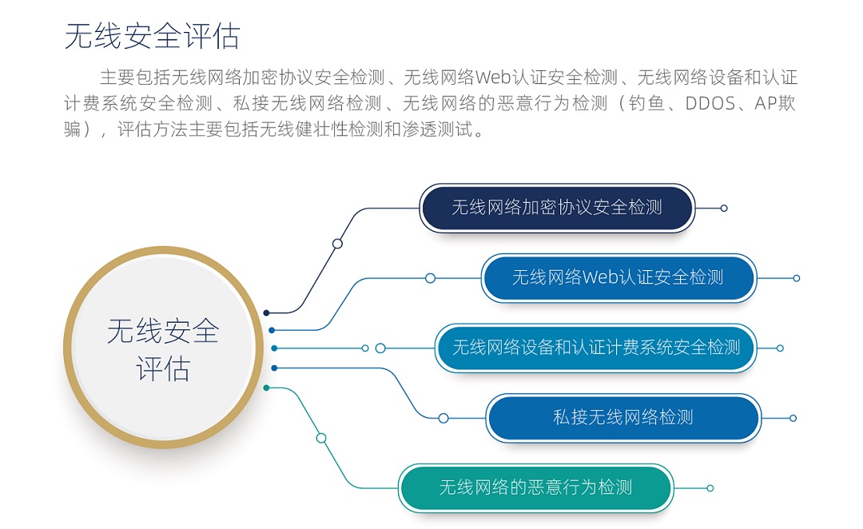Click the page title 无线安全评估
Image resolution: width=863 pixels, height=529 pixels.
pos(152,36)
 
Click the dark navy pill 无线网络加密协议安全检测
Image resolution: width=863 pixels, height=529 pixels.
pos(557,208)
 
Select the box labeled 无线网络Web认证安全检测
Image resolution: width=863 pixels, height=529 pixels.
pos(618,278)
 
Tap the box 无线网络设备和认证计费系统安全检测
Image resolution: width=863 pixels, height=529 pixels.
pos(596,348)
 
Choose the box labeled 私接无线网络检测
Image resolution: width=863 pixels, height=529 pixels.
pos(623,418)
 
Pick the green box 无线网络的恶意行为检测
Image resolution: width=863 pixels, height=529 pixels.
pos(536,487)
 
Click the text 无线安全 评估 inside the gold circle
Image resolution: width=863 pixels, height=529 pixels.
pos(163,349)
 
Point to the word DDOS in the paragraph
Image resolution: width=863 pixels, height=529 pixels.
pos(710,104)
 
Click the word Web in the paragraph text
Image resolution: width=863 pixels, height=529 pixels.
pos(492,78)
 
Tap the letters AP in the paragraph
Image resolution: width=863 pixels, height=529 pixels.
pos(766,104)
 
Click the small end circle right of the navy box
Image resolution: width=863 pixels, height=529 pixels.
pos(724,208)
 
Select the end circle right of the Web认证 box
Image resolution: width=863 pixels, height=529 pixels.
pos(796,278)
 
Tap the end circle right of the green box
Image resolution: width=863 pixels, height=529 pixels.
pos(710,487)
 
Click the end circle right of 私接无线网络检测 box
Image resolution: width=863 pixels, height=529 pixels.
pos(793,418)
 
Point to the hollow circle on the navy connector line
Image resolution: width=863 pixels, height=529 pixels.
pos(337,243)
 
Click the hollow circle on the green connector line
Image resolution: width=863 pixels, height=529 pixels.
pos(321,438)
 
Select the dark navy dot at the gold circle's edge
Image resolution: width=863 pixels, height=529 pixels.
pos(266,312)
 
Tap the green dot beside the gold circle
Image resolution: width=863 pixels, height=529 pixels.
pos(266,388)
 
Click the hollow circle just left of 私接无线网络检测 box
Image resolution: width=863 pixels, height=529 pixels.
pos(443,419)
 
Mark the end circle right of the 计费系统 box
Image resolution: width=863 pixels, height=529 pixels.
pos(779,348)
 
